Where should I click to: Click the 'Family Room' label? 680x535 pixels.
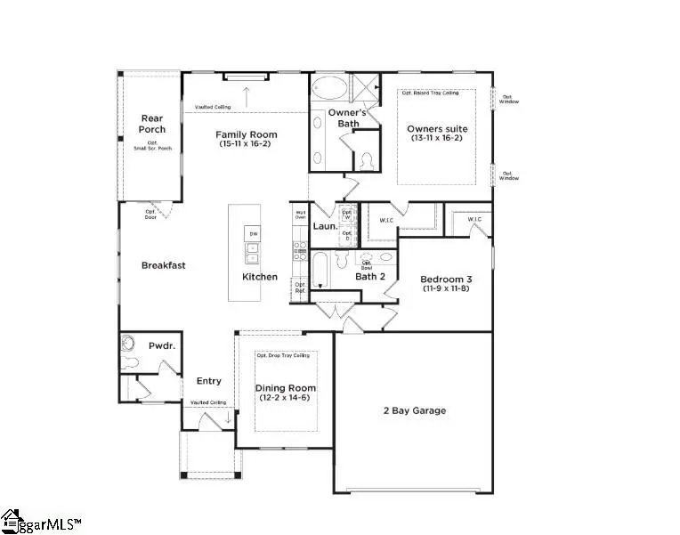tap(241, 135)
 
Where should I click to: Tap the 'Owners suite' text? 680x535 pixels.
tap(437, 129)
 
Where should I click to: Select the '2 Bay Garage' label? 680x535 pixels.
tap(414, 410)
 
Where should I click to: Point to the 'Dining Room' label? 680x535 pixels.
tap(285, 388)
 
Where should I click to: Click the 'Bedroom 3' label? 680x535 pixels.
tap(444, 278)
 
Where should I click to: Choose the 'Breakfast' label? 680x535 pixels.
tap(164, 264)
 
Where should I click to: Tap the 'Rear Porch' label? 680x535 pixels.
tap(152, 124)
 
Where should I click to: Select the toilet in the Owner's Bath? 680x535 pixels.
tap(366, 160)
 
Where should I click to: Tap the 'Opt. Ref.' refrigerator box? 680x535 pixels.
tap(300, 288)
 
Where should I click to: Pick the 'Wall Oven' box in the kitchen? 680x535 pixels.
tap(300, 215)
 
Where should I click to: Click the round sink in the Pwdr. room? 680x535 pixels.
tap(126, 343)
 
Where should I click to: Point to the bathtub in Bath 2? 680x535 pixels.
tap(320, 270)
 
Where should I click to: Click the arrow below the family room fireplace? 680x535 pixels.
tap(246, 93)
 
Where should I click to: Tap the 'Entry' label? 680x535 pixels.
tap(208, 381)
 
